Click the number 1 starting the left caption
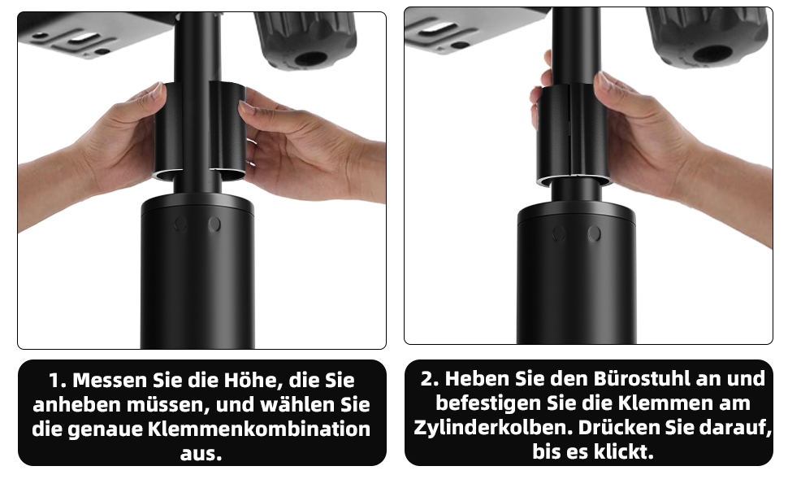54,381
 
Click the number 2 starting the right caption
428,378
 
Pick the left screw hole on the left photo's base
181,224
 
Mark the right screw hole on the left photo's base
214,224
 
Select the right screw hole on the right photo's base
594,233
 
